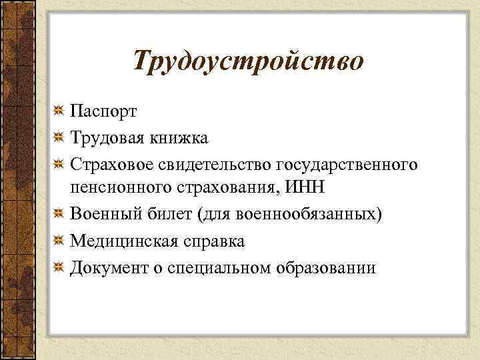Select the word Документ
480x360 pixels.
click(107, 268)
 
